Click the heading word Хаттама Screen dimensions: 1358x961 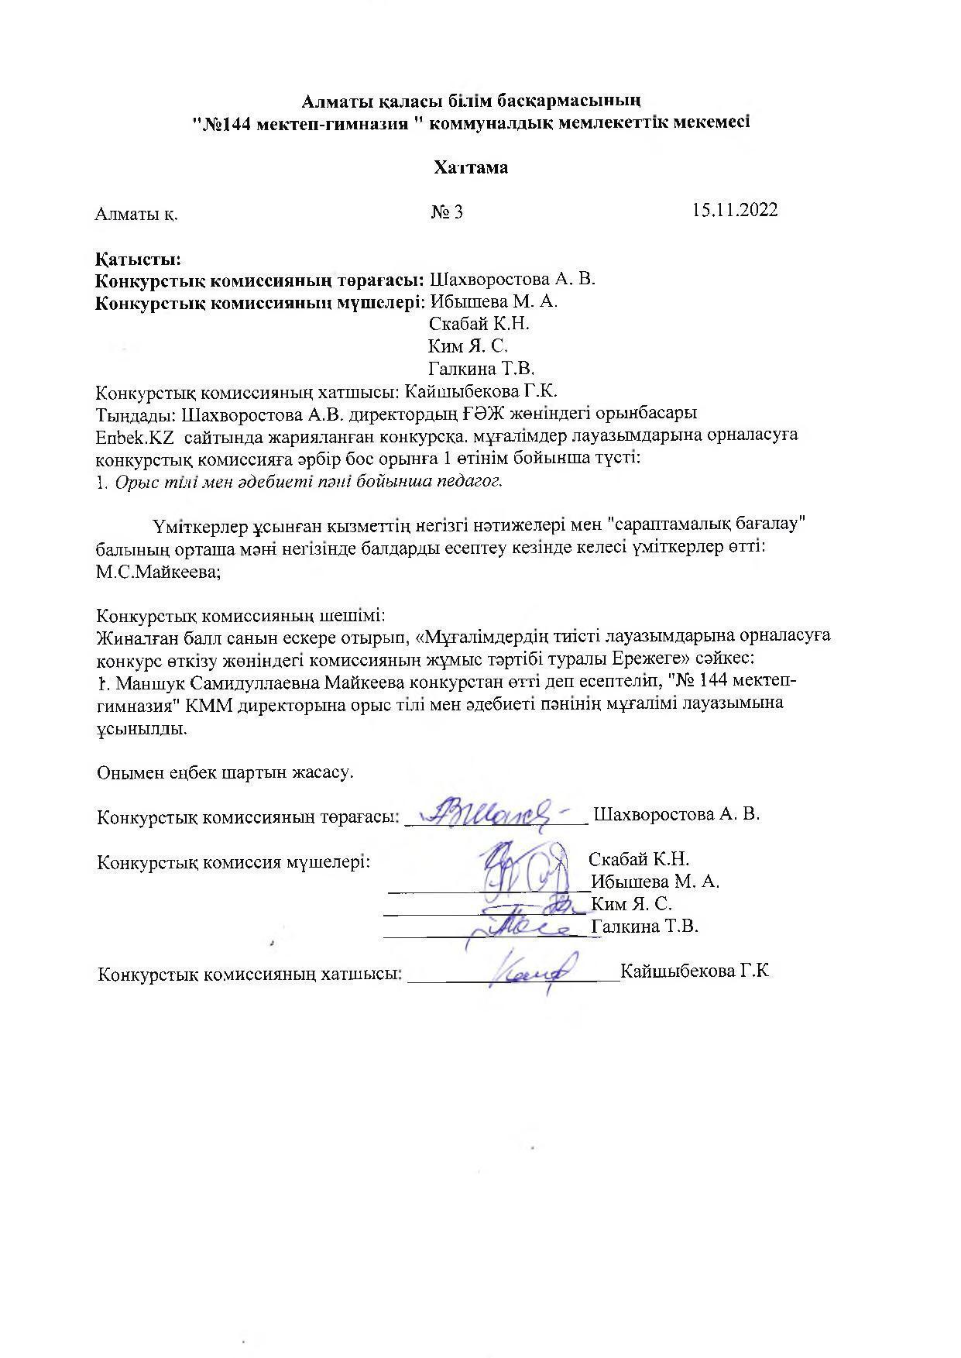(x=471, y=167)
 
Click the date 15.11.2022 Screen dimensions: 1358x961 (x=735, y=210)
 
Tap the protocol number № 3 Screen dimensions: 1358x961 (x=447, y=211)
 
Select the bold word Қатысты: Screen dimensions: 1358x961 (x=138, y=259)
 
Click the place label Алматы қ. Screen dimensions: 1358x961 (x=136, y=214)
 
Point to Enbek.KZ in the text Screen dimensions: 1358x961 (x=134, y=435)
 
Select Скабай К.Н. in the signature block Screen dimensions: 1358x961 (x=639, y=859)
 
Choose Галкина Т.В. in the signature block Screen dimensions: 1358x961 (x=644, y=926)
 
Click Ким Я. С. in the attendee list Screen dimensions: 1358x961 (x=468, y=346)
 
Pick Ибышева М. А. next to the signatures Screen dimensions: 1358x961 (x=655, y=882)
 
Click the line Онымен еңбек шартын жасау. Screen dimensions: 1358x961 (x=225, y=772)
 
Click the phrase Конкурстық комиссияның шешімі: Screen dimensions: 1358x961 (x=240, y=616)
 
